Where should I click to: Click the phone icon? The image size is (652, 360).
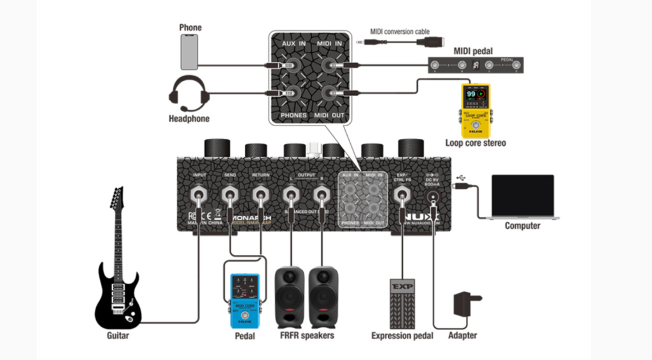[189, 52]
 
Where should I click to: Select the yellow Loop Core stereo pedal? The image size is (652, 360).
[475, 111]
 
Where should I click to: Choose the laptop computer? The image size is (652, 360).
[522, 198]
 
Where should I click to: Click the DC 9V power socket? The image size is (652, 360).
[435, 197]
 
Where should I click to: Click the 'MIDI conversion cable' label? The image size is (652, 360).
[399, 31]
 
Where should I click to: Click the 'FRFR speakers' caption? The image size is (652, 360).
[306, 335]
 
